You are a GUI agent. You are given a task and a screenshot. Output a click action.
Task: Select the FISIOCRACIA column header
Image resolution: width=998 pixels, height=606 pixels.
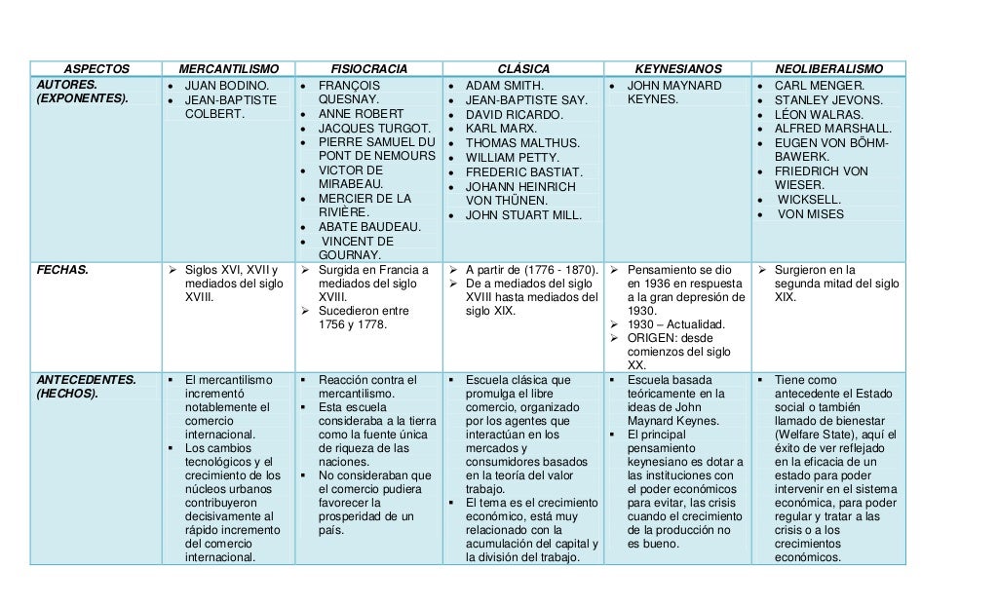point(369,69)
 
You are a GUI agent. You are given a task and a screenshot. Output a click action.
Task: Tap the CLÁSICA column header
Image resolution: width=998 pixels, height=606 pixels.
point(523,69)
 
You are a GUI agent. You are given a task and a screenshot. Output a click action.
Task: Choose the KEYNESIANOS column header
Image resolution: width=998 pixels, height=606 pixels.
point(678,69)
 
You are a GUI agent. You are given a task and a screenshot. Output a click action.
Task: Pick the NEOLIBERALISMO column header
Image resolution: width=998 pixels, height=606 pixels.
point(828,69)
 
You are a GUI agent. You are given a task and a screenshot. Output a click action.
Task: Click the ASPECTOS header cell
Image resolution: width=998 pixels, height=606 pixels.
point(96,69)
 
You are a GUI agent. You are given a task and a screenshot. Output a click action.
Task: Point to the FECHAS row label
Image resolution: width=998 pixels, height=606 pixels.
point(61,270)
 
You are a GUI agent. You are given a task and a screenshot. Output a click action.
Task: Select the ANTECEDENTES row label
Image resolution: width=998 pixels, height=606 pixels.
point(86,379)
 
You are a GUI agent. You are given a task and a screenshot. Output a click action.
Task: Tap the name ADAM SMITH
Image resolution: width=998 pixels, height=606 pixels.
point(504,85)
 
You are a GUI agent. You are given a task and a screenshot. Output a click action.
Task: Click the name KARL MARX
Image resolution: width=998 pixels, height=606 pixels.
point(500,129)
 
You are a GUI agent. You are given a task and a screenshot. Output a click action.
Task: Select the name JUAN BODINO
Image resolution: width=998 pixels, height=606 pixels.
point(226,85)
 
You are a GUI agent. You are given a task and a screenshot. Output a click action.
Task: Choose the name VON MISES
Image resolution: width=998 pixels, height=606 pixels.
point(811,214)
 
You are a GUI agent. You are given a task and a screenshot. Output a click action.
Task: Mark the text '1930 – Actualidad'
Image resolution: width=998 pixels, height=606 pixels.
point(674,323)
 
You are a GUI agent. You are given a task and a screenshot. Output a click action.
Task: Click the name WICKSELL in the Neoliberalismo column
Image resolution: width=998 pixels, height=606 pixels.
point(810,199)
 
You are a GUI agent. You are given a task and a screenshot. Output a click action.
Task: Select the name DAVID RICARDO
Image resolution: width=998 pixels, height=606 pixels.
point(514,114)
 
